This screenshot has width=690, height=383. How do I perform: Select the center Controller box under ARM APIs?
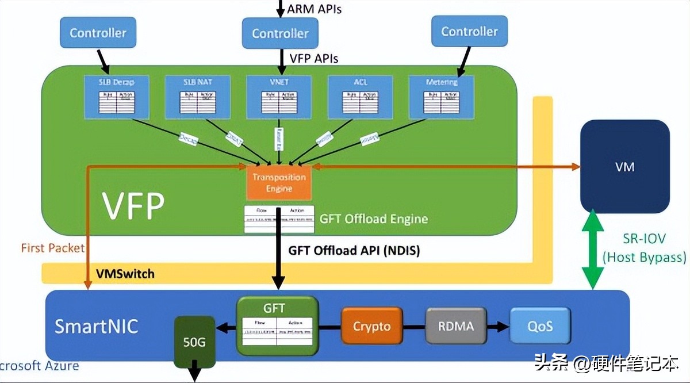[x=280, y=33]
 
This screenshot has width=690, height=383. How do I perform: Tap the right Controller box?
[x=469, y=31]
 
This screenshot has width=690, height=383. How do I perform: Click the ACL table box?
[x=361, y=97]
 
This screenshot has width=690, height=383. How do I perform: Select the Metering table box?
[x=442, y=97]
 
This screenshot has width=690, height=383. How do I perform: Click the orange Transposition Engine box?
[x=279, y=182]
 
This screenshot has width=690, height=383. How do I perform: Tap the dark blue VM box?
[x=624, y=167]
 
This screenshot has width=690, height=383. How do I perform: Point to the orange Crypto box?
[x=371, y=327]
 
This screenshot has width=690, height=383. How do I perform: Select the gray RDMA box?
[x=456, y=326]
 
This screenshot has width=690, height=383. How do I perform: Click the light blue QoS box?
[x=540, y=326]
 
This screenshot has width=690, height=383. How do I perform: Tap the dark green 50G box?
[x=194, y=342]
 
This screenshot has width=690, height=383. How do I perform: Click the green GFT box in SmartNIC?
[x=278, y=326]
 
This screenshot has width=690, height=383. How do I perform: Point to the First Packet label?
[x=52, y=248]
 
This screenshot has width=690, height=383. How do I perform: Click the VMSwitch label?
[x=125, y=274]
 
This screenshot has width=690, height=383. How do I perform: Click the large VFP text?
[x=133, y=204]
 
